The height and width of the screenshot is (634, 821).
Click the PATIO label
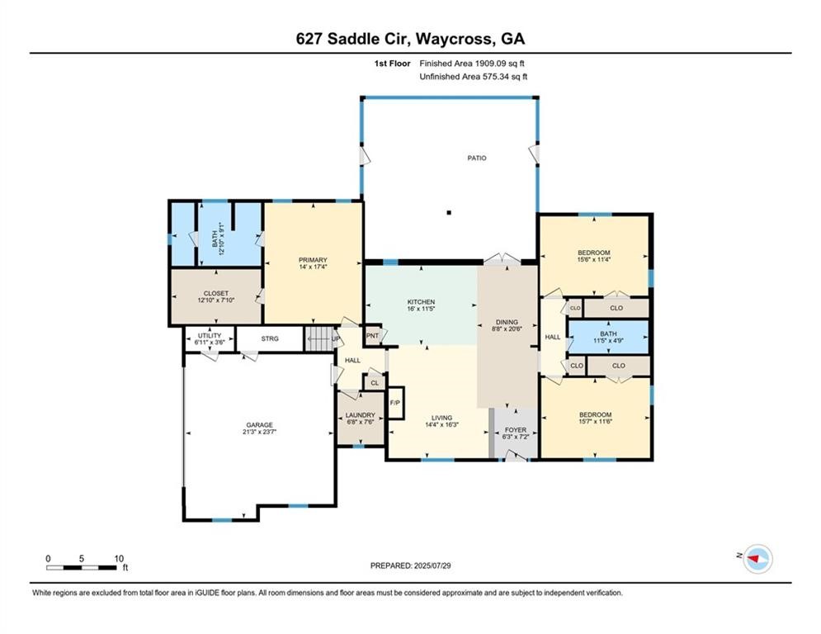tap(478, 158)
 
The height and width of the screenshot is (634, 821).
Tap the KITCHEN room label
tap(421, 302)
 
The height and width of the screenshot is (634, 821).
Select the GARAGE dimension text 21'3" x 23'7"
tap(258, 432)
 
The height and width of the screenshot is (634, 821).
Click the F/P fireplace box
tap(394, 402)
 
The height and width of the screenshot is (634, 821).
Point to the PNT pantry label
tap(372, 335)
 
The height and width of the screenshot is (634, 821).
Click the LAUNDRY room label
tap(361, 415)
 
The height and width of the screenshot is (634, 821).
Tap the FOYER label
tap(516, 430)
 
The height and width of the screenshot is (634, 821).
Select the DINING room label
tap(507, 322)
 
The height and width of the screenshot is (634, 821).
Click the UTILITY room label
tap(209, 335)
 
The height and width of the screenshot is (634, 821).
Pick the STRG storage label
tap(270, 338)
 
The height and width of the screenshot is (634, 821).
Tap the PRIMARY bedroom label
tap(314, 260)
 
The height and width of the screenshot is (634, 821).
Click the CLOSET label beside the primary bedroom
tap(216, 293)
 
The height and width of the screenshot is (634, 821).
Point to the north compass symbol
tap(756, 560)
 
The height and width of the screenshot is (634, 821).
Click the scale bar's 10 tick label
tap(120, 558)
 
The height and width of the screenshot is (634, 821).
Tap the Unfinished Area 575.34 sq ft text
tap(474, 76)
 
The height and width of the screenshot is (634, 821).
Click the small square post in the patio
tap(450, 213)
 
